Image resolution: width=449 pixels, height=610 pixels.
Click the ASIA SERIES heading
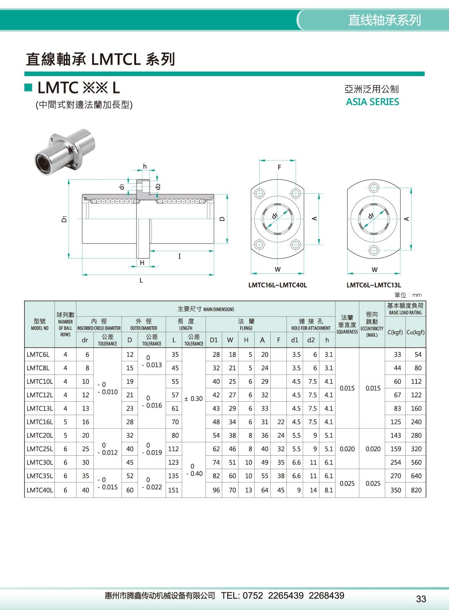point(372,102)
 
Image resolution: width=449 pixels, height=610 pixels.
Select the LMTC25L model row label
point(39,449)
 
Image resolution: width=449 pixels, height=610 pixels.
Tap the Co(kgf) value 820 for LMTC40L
point(416,490)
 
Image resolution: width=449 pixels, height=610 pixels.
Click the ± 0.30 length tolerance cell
point(194,399)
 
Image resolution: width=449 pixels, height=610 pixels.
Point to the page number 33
point(421,599)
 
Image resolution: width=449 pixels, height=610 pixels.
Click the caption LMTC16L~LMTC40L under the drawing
point(278,285)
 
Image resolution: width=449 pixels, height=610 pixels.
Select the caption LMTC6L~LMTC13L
point(373,285)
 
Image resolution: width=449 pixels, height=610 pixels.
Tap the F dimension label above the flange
point(279,167)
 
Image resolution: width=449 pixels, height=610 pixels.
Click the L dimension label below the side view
point(141,281)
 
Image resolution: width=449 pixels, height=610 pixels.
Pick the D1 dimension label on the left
point(64,219)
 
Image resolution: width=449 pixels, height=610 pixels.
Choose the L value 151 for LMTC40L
point(173,490)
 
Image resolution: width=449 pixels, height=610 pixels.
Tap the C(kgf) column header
point(395,332)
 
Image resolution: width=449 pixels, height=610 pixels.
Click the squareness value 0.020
point(347,449)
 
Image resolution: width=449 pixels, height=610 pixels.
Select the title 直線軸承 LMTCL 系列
point(100,59)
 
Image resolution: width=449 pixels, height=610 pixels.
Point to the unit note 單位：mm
point(408,295)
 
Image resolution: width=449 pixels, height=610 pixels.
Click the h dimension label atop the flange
point(145,166)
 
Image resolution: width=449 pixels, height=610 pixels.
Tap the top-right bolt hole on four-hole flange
point(296,193)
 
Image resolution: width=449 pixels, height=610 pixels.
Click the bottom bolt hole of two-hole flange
point(373,250)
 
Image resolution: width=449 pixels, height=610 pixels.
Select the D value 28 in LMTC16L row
point(130,422)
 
